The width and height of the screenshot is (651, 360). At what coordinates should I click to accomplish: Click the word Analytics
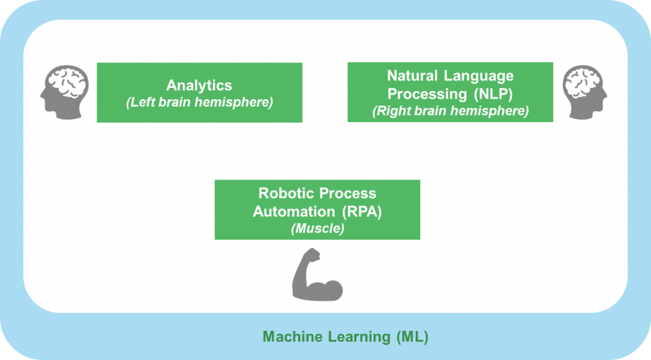tap(199, 85)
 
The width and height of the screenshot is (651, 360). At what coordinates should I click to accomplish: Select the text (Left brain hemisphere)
tap(199, 102)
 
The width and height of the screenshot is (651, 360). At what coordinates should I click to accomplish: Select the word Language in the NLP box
tap(480, 76)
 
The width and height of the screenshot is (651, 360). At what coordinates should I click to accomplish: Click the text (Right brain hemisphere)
tap(450, 111)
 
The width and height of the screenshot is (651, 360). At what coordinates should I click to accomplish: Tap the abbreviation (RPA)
tap(362, 211)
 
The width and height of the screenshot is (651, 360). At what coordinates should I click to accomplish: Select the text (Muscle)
tap(317, 228)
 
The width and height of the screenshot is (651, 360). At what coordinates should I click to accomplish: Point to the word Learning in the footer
tap(354, 337)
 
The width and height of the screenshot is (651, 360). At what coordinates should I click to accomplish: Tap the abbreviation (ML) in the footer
tap(411, 337)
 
